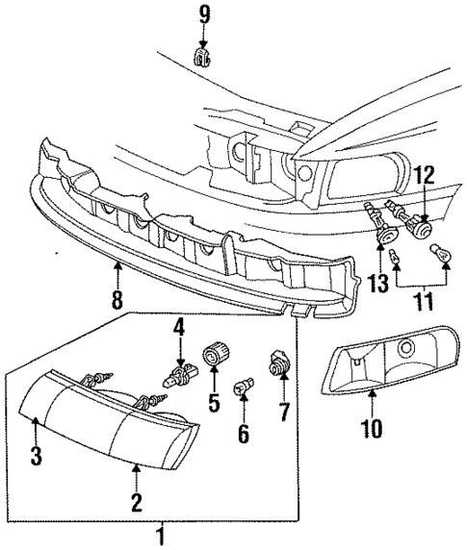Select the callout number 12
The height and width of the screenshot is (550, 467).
coord(425,175)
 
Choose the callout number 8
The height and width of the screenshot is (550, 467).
coord(117,299)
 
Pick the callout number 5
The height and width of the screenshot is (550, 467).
coord(213,398)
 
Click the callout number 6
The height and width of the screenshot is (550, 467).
coord(244,435)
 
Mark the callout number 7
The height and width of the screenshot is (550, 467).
coord(284,412)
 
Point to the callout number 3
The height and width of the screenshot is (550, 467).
coord(36,456)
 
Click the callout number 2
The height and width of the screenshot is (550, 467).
coord(137,501)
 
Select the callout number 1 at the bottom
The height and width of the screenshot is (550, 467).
coord(161,535)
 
